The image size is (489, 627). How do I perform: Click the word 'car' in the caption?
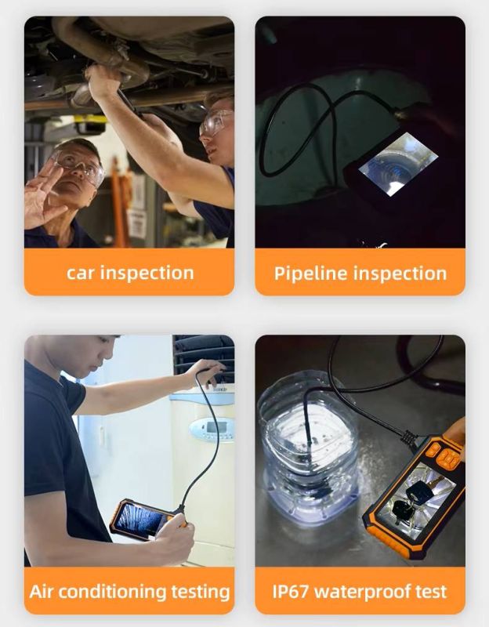81,273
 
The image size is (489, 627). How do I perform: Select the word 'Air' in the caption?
42,591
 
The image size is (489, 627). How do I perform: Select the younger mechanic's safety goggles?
216,121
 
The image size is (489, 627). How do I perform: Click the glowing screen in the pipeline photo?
397,163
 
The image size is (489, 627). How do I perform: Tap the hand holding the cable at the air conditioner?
205,371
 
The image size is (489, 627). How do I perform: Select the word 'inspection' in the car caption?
147,274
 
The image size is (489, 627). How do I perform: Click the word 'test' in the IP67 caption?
431,592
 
